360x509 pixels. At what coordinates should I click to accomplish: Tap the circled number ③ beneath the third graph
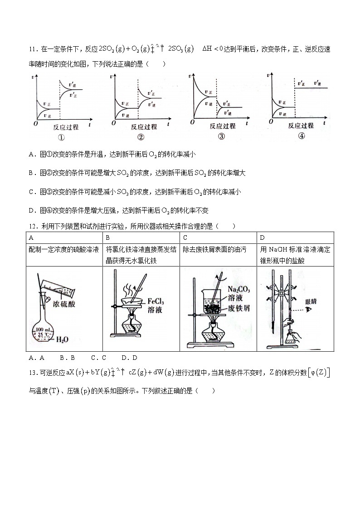click(221, 137)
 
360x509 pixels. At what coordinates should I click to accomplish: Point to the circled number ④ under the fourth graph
click(302, 136)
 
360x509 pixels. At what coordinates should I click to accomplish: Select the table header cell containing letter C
click(185, 238)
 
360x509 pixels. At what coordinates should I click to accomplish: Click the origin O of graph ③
click(193, 122)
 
